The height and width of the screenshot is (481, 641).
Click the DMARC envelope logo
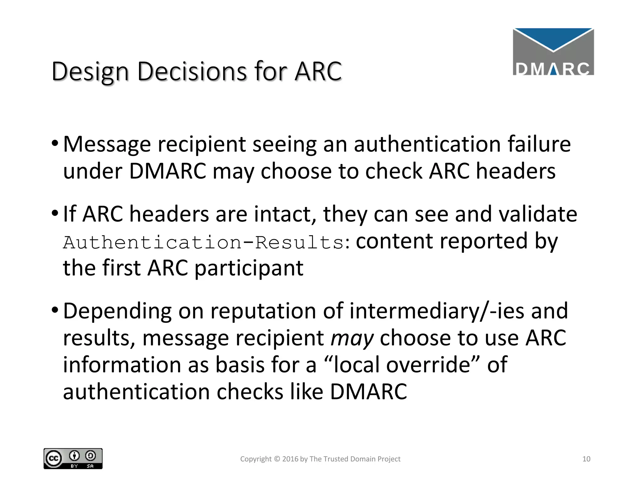point(553,52)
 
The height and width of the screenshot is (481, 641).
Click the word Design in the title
point(90,72)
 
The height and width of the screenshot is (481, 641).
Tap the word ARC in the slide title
point(318,71)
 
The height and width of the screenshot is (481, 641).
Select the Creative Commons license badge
point(73,458)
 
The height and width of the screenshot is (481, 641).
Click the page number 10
point(586,459)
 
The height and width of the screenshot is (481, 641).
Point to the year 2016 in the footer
point(290,459)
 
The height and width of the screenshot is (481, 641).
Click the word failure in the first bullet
point(539,144)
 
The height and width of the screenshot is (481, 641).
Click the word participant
point(249,269)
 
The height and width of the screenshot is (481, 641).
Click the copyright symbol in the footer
point(277,459)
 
